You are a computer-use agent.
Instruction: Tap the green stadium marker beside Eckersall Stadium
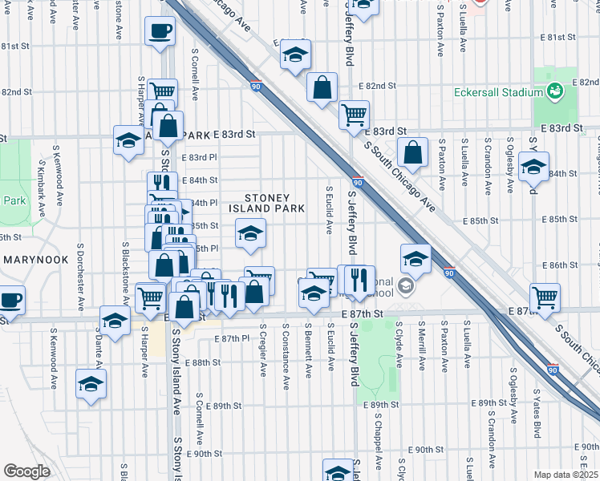553,91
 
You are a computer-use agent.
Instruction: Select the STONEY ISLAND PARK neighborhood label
274,203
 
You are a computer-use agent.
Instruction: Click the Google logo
26,471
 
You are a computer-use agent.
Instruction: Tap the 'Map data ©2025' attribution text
566,475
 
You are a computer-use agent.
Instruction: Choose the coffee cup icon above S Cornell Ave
160,31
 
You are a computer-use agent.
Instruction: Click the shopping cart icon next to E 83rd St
353,114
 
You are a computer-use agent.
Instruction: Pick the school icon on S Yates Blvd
533,168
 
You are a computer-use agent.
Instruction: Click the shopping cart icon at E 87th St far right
545,296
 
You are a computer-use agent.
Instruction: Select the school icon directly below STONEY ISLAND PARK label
250,234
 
